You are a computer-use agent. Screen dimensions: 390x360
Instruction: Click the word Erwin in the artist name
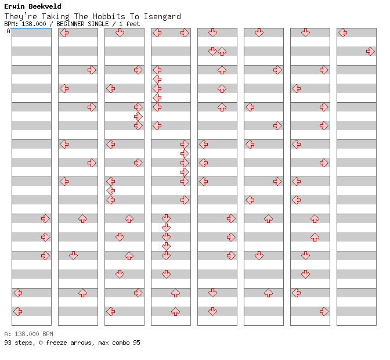point(15,6)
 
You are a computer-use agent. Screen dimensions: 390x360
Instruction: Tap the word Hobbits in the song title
point(109,16)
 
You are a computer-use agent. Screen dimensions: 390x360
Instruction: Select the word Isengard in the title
point(162,16)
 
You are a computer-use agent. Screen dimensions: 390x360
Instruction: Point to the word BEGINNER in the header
point(70,24)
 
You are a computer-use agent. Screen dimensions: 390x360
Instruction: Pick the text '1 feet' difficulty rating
point(129,24)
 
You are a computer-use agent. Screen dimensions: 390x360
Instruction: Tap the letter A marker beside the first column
point(9,31)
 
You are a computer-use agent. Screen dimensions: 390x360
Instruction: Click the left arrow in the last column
point(343,33)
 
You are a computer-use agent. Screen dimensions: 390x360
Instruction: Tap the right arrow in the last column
point(370,51)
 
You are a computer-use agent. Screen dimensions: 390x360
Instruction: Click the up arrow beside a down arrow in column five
point(222,51)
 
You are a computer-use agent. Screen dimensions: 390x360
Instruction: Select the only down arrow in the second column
point(73,255)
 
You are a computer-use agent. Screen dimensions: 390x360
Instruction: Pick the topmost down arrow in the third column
point(120,33)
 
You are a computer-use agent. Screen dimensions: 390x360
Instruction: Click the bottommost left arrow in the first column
point(17,311)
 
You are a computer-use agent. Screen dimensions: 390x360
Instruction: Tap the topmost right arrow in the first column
point(45,218)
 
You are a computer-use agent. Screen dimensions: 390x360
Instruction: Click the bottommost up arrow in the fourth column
point(176,311)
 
